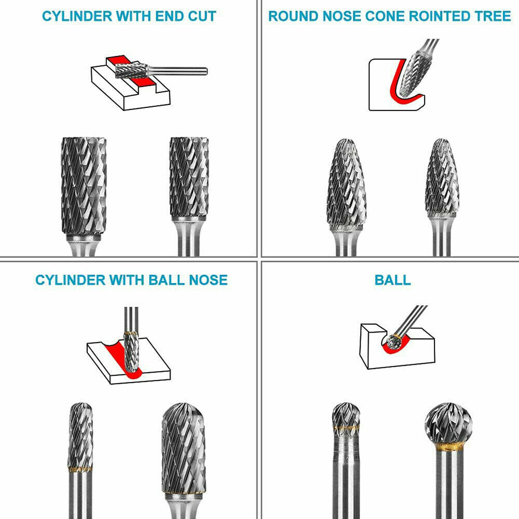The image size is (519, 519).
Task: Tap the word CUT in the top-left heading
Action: (x=199, y=16)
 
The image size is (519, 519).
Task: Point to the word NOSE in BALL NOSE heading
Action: (x=208, y=280)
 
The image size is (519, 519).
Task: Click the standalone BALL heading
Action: (x=392, y=280)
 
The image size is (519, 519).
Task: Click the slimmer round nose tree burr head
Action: (x=442, y=179)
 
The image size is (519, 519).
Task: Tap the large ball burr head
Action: (x=448, y=423)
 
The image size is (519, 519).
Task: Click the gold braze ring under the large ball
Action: (x=448, y=447)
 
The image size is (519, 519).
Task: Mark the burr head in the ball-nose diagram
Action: (x=132, y=350)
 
